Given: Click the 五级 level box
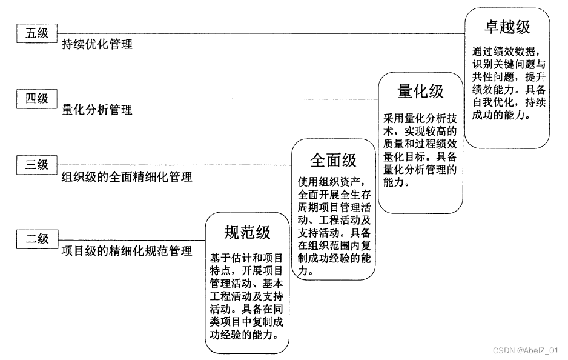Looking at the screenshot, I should [37, 33].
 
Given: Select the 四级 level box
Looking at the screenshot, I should [37, 98].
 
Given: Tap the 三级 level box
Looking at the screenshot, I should [37, 164].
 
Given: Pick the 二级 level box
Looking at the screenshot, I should [37, 239].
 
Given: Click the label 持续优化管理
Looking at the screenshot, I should [97, 45].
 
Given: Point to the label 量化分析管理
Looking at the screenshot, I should [97, 110].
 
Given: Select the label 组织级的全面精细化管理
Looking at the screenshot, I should [127, 177].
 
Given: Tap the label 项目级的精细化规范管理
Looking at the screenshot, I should [127, 251].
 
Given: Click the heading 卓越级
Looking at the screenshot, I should [507, 27].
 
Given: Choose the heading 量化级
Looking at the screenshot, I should [420, 92].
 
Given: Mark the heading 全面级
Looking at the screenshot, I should [334, 160].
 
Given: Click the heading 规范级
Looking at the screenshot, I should [247, 232].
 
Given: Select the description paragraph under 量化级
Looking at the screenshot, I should [420, 149].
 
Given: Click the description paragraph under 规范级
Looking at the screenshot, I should [247, 293].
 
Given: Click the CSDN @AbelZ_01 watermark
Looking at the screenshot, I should [526, 350].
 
